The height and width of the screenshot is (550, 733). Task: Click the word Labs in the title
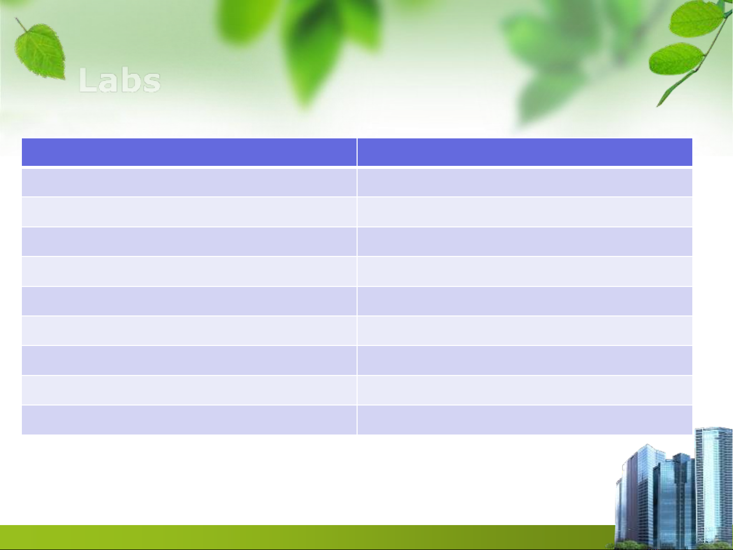tap(119, 80)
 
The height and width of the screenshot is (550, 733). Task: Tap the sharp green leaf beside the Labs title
tap(40, 52)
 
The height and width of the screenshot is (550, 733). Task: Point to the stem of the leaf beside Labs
tap(21, 25)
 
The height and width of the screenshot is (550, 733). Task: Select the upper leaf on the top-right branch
tap(696, 19)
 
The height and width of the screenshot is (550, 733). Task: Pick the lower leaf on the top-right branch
tap(676, 59)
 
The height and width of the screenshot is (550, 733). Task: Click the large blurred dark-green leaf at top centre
tap(312, 50)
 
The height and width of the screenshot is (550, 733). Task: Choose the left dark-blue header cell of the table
tap(189, 152)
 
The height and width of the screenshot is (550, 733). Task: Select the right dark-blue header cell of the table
tap(524, 152)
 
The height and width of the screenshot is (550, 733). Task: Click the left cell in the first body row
tap(189, 182)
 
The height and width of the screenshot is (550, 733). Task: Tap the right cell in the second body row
tap(524, 212)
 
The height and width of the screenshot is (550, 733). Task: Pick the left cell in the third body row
tap(189, 242)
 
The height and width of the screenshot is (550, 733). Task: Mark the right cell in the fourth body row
tap(524, 271)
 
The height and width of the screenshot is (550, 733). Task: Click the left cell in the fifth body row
tap(189, 301)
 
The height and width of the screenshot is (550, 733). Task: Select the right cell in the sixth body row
tap(524, 330)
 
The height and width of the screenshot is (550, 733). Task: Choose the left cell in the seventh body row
tap(189, 360)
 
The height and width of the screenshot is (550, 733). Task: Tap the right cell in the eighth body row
tap(524, 390)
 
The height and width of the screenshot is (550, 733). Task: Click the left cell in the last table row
tap(189, 420)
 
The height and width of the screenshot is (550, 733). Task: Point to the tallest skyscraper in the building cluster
tap(713, 484)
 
